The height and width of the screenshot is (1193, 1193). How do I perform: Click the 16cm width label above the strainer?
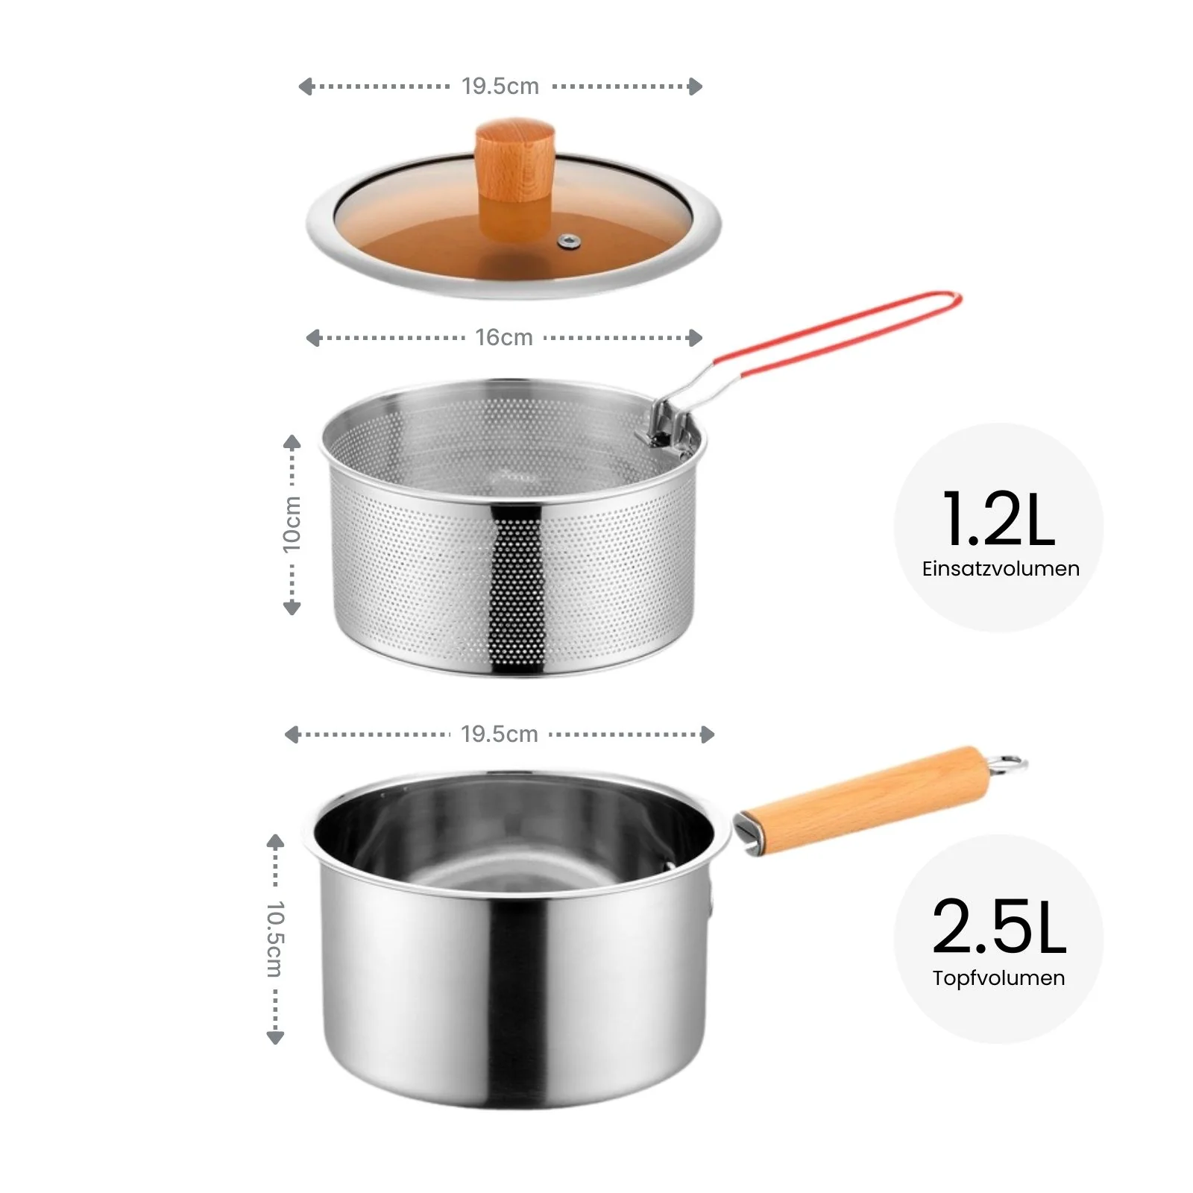click(504, 338)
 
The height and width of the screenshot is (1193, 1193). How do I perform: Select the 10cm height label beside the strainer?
click(292, 524)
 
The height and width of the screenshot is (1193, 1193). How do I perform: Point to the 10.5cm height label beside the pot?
click(275, 939)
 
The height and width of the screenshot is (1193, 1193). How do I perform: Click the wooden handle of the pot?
click(865, 793)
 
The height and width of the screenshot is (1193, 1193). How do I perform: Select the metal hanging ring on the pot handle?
click(1008, 764)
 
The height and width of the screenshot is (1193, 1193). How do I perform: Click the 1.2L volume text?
click(998, 519)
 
